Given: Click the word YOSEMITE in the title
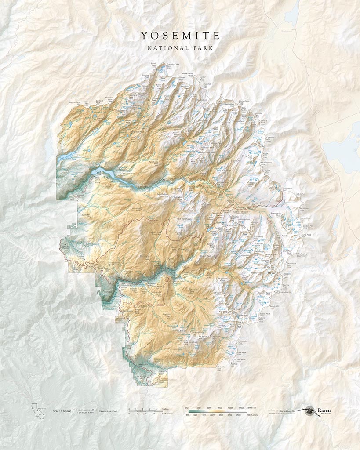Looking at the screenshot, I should click(x=180, y=35).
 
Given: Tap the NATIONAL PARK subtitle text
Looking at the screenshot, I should click(x=180, y=47).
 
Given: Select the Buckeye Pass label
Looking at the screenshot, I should click(x=207, y=84).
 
